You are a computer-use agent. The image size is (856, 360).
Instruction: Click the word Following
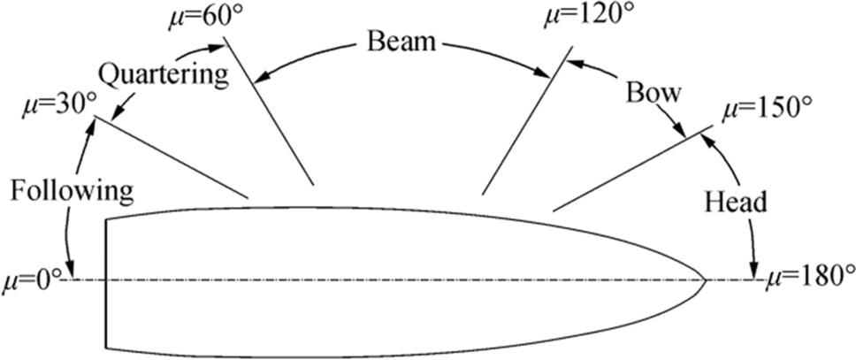(73, 190)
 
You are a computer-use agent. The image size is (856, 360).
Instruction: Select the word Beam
(402, 41)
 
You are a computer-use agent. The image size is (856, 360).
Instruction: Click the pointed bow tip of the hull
(706, 280)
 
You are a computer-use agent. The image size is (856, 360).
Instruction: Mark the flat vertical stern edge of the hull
(105, 283)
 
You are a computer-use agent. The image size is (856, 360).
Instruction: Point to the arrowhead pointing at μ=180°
(753, 271)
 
